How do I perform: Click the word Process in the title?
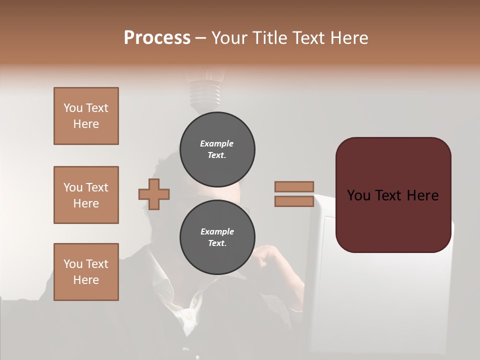[x=157, y=38]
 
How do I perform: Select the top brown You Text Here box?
[x=86, y=116]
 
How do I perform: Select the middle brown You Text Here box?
[x=86, y=195]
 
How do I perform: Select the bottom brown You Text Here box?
[x=86, y=272]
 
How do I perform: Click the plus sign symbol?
[x=154, y=194]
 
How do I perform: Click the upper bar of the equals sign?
[x=294, y=187]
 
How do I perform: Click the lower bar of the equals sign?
[x=294, y=201]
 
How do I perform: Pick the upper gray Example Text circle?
[x=217, y=149]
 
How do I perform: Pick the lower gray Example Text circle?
[x=217, y=237]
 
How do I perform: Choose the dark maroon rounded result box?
[x=393, y=195]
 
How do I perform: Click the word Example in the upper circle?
[x=217, y=143]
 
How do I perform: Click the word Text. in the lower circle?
[x=217, y=243]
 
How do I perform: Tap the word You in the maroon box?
[x=358, y=195]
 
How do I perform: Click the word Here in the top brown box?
[x=86, y=124]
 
